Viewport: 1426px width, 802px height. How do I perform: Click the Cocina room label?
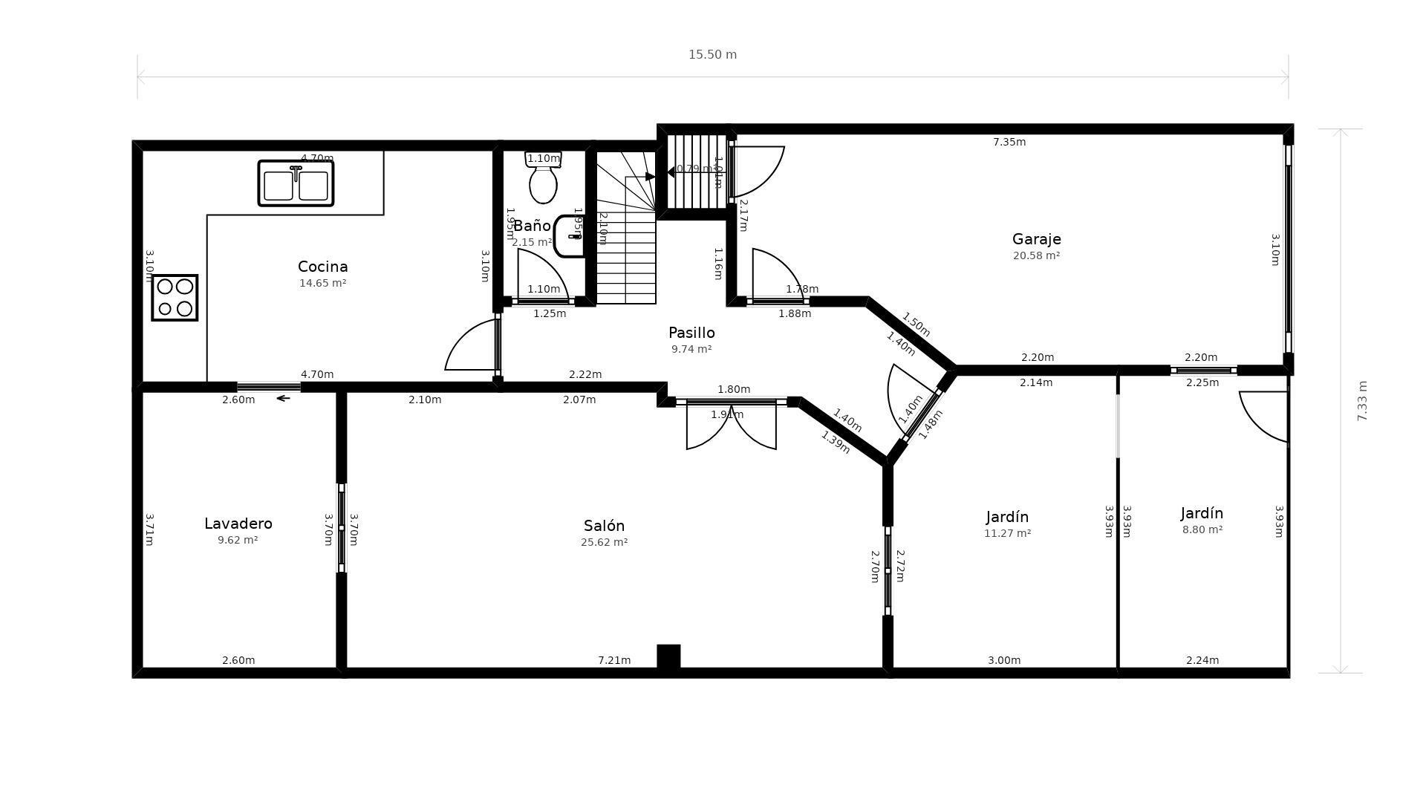click(322, 267)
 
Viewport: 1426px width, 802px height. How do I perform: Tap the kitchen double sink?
click(296, 183)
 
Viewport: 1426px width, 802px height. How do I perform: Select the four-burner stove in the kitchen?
click(175, 297)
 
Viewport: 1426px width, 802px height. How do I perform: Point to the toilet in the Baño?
click(543, 180)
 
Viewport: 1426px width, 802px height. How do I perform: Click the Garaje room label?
click(1036, 239)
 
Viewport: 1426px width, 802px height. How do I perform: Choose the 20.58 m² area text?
click(1036, 256)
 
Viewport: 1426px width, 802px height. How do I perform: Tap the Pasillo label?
click(691, 333)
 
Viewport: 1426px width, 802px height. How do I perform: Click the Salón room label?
click(604, 526)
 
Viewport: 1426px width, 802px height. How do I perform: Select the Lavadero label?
click(238, 524)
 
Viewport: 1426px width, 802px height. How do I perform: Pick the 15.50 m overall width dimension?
click(712, 55)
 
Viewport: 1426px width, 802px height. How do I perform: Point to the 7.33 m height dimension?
click(1361, 401)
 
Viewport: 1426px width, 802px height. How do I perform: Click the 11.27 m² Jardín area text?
click(1007, 533)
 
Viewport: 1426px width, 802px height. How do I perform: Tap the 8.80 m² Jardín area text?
click(1202, 530)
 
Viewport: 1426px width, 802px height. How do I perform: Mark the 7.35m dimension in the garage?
click(1009, 142)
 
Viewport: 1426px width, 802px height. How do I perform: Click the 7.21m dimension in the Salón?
click(614, 660)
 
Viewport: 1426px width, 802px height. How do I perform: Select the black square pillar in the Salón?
click(668, 656)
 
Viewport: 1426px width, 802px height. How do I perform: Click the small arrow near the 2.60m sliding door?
click(283, 399)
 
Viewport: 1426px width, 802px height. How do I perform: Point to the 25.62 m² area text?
click(604, 543)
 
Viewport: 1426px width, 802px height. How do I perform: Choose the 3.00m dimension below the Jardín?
click(1004, 660)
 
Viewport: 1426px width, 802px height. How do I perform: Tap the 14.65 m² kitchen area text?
click(322, 284)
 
